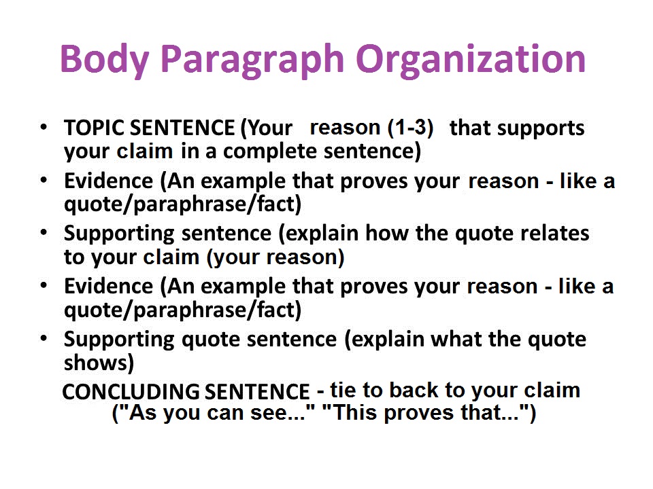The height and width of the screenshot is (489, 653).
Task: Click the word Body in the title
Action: pos(104,60)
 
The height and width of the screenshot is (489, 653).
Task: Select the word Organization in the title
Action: pos(471,60)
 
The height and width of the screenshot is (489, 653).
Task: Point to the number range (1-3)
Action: pos(411,127)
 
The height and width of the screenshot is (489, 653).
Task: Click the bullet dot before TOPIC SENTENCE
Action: pos(44,127)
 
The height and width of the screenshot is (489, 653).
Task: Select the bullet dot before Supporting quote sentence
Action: pos(44,338)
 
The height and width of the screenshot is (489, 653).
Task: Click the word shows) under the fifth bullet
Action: pos(99,363)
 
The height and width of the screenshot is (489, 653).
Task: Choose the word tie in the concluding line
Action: pos(343,390)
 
